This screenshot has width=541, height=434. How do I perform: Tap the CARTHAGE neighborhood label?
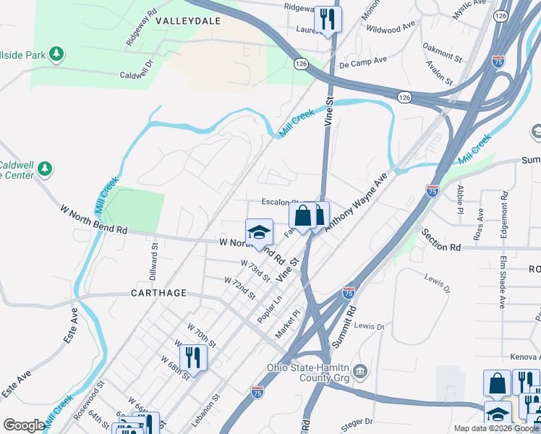tap(158, 293)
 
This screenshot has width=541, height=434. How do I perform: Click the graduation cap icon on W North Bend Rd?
tap(259, 232)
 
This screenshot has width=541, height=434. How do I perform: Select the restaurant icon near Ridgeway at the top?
tap(328, 20)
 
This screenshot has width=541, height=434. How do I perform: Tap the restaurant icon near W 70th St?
tap(193, 357)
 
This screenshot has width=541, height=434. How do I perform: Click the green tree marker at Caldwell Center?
tap(45, 169)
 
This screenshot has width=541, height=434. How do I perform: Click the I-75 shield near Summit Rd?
tap(349, 293)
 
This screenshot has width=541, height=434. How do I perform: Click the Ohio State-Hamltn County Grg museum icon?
tap(361, 372)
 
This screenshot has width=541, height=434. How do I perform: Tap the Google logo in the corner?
tap(24, 425)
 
